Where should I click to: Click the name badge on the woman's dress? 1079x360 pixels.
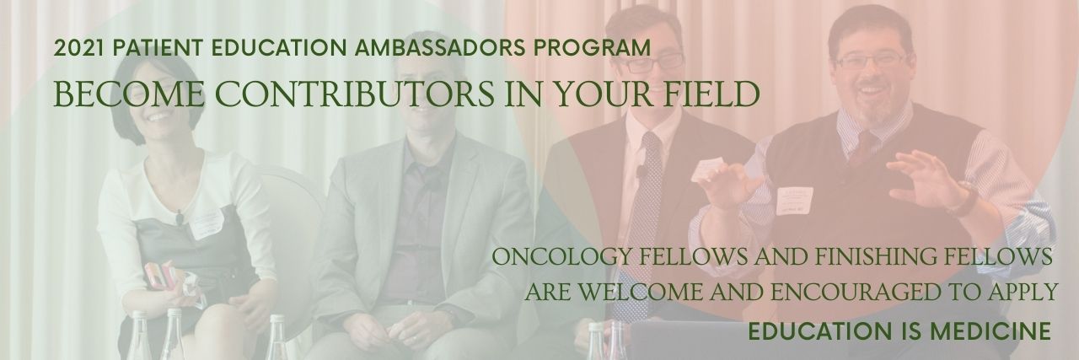click(207, 223)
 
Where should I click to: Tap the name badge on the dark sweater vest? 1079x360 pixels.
click(794, 201)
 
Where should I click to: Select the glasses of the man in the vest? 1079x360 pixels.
click(872, 60)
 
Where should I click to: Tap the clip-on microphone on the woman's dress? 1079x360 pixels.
click(180, 218)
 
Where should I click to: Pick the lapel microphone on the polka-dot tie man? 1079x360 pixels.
click(641, 171)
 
